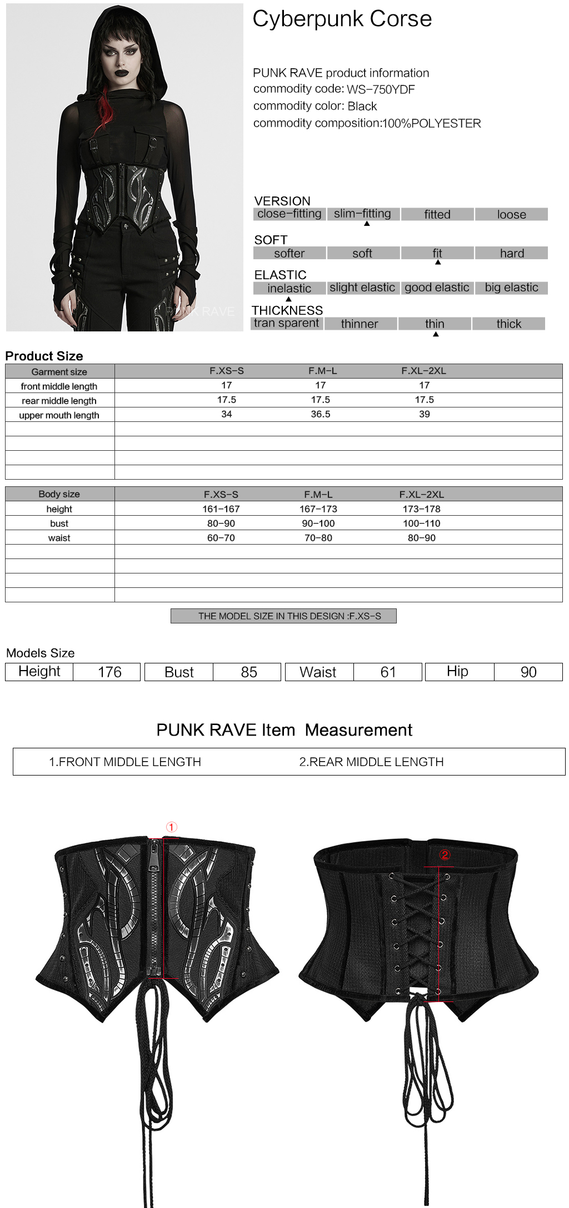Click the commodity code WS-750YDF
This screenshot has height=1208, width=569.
[x=381, y=89]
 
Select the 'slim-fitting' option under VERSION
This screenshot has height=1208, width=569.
[x=362, y=214]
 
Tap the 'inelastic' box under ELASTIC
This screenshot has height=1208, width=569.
[x=289, y=288]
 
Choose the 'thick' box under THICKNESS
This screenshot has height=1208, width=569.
[x=508, y=324]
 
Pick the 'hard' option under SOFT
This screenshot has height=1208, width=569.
[x=511, y=253]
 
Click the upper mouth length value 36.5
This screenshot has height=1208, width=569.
[x=321, y=414]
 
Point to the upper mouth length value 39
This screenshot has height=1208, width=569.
[x=425, y=414]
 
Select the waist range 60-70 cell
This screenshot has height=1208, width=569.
[x=221, y=538]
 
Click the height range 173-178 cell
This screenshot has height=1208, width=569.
[x=422, y=509]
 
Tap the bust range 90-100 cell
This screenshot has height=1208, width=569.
[x=318, y=524]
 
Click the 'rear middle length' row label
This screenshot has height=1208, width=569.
[x=59, y=401]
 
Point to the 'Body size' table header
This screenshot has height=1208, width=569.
[x=59, y=494]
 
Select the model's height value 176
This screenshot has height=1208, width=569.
[x=109, y=672]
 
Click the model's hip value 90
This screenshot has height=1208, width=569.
[x=528, y=672]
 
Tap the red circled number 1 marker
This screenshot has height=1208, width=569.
[x=172, y=827]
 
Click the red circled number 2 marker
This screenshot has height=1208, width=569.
[x=445, y=855]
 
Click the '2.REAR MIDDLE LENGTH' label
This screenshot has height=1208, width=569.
[x=371, y=762]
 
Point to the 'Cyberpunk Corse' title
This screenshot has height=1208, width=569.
[x=342, y=19]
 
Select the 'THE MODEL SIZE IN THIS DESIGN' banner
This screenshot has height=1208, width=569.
[x=283, y=616]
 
